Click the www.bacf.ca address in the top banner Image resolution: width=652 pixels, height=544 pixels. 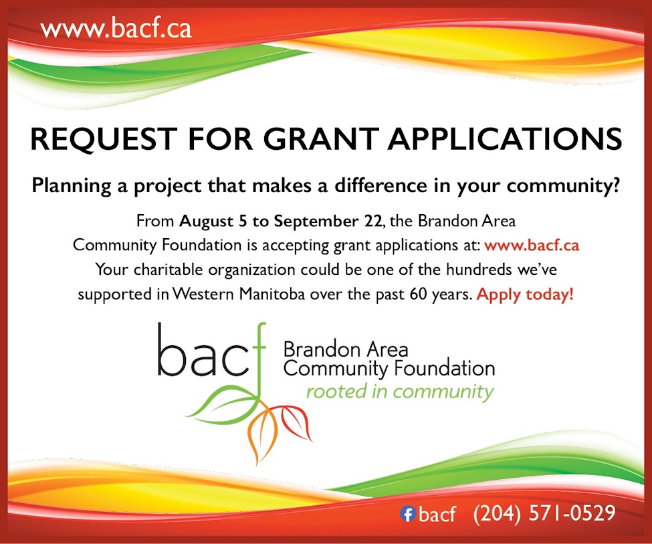[116, 29]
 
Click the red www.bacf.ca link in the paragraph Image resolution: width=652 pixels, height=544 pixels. [532, 245]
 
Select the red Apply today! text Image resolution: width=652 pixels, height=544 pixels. [525, 294]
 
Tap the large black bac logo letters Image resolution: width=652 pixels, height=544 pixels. [201, 355]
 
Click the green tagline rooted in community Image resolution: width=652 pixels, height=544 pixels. [399, 392]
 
